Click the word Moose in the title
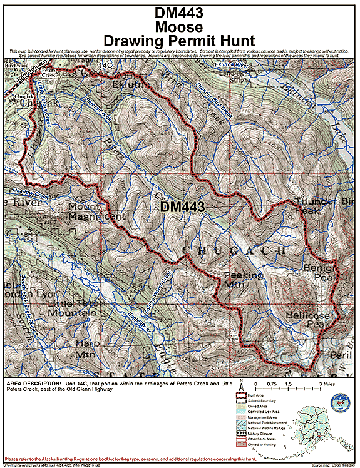[x=179, y=27]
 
